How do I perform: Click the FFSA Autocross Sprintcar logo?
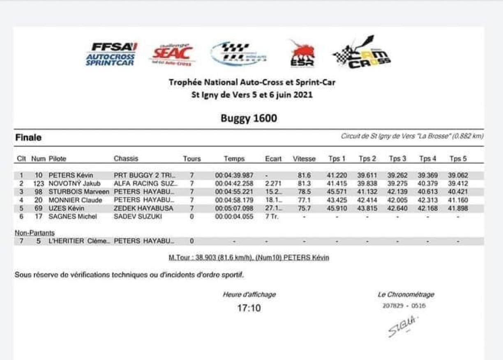pyautogui.click(x=111, y=54)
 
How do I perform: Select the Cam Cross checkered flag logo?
pyautogui.click(x=362, y=53)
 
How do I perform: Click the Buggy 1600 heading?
pyautogui.click(x=249, y=118)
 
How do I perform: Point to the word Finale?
pyautogui.click(x=28, y=138)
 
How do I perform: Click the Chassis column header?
pyautogui.click(x=126, y=159)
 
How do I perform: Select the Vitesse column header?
pyautogui.click(x=304, y=159)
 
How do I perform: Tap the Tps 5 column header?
pyautogui.click(x=458, y=159)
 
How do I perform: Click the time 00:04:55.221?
pyautogui.click(x=234, y=192)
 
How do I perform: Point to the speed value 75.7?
pyautogui.click(x=304, y=208)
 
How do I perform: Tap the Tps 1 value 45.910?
pyautogui.click(x=337, y=208)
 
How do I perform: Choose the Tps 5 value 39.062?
pyautogui.click(x=458, y=175)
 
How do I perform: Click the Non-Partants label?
pyautogui.click(x=35, y=233)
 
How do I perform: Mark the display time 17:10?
pyautogui.click(x=249, y=308)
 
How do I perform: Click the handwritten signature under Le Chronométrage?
pyautogui.click(x=402, y=326)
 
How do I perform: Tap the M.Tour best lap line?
pyautogui.click(x=249, y=258)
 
